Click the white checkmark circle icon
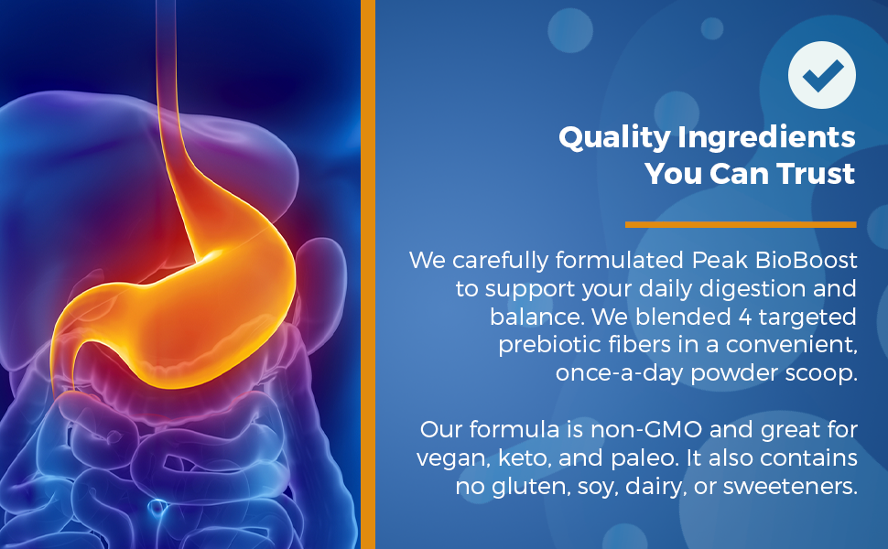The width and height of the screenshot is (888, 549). pyautogui.click(x=822, y=75)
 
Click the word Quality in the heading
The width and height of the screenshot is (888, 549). pyautogui.click(x=614, y=138)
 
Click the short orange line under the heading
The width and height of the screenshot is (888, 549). pyautogui.click(x=741, y=225)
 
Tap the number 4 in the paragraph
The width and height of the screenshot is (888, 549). pyautogui.click(x=744, y=317)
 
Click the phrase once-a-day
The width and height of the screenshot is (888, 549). pyautogui.click(x=620, y=373)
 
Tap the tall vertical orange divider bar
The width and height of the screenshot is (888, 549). pyautogui.click(x=367, y=274)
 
